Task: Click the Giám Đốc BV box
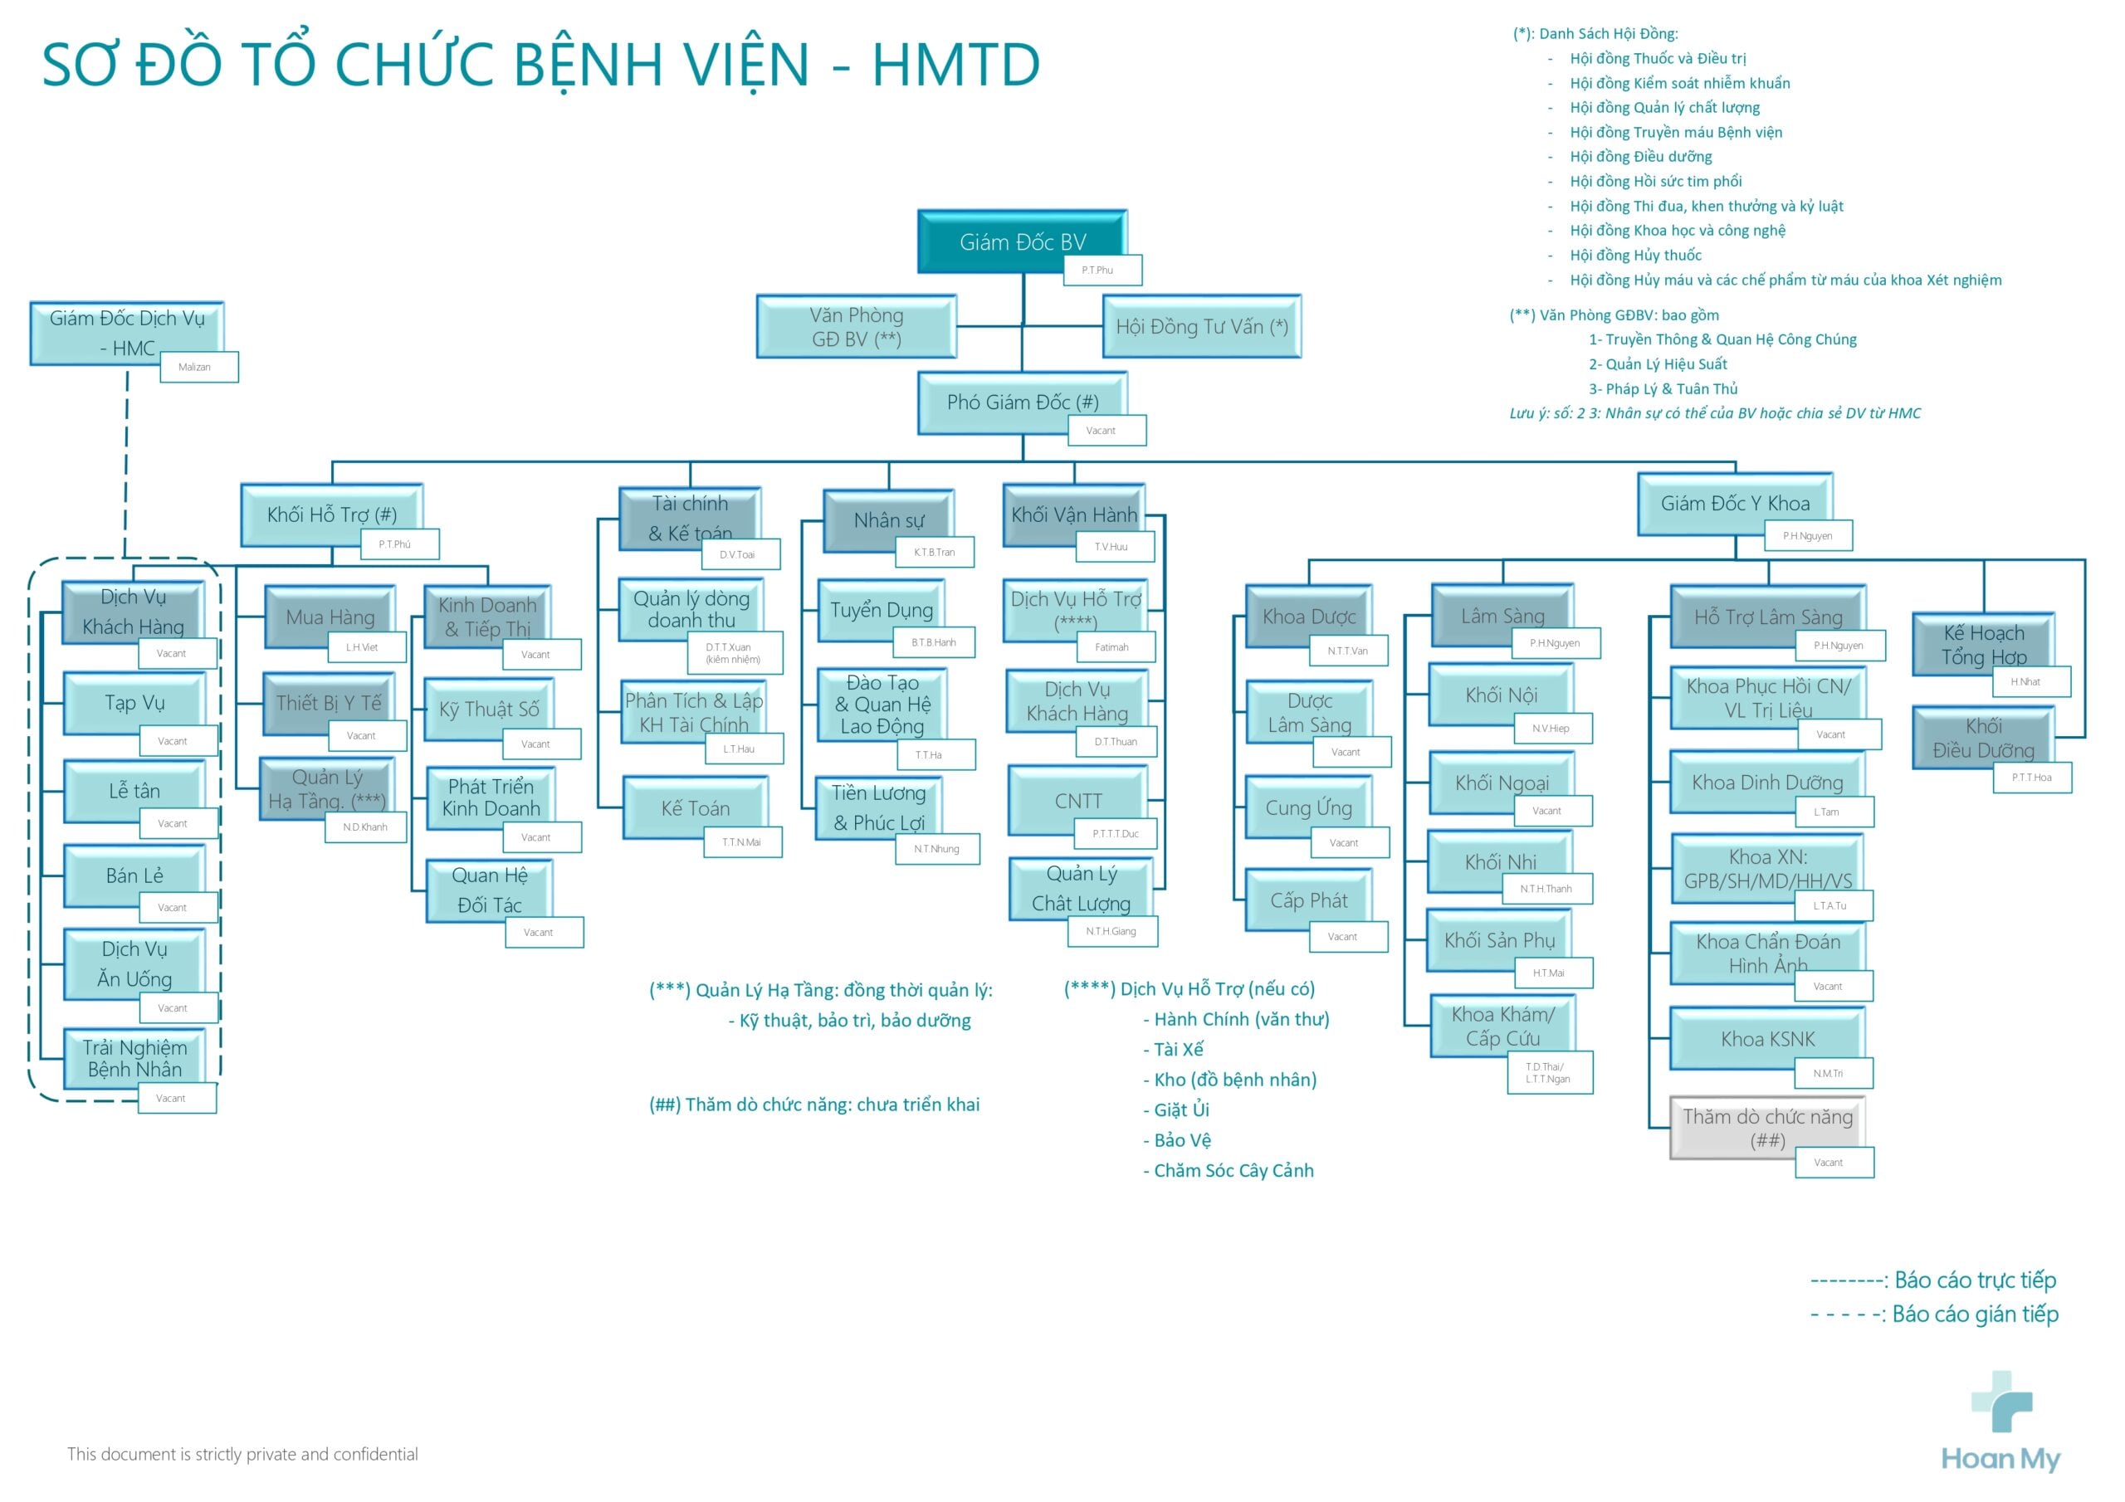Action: (x=1021, y=241)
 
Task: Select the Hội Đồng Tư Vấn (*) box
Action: (x=1200, y=327)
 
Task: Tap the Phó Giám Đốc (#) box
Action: (x=1021, y=402)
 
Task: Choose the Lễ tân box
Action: (x=134, y=792)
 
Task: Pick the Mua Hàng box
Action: (x=330, y=617)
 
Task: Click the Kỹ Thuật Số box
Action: (x=488, y=709)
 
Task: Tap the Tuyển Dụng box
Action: (x=880, y=610)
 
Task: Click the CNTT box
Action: (x=1077, y=801)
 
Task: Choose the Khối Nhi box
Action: (x=1499, y=861)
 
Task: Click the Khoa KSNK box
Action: (x=1767, y=1038)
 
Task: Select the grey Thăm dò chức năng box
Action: (x=1767, y=1127)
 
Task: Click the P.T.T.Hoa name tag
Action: (x=2030, y=778)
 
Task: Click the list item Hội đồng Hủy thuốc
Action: (x=1634, y=256)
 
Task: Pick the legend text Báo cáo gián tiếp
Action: (x=1974, y=1314)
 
